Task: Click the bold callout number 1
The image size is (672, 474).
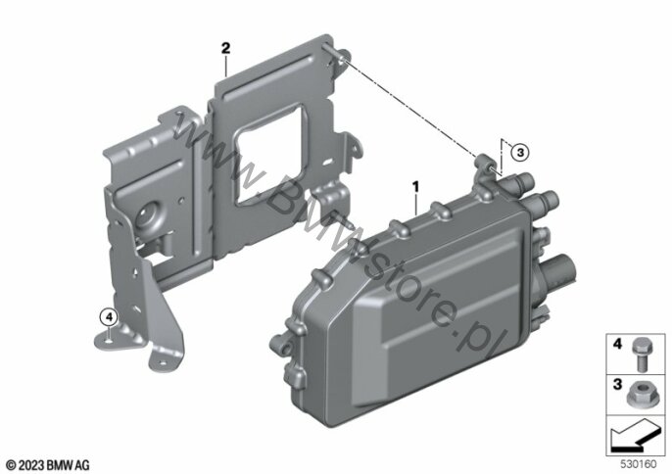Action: click(x=415, y=187)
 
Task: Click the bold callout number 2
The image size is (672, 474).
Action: click(x=225, y=48)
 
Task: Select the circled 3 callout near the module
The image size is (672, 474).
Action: click(x=520, y=152)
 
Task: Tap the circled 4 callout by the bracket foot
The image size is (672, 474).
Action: click(x=108, y=317)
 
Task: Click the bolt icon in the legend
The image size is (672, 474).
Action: click(x=640, y=353)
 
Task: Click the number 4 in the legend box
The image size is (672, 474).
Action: click(x=617, y=344)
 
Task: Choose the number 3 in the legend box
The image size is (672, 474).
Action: click(x=617, y=384)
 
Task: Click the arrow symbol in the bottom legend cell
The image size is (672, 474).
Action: click(x=635, y=436)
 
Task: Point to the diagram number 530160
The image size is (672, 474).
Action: click(x=639, y=464)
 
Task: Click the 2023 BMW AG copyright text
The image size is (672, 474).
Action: click(x=48, y=465)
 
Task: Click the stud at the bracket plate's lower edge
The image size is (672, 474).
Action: click(x=343, y=220)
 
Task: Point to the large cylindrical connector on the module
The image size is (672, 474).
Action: click(x=558, y=271)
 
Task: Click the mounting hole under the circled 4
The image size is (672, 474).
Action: click(x=108, y=337)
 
